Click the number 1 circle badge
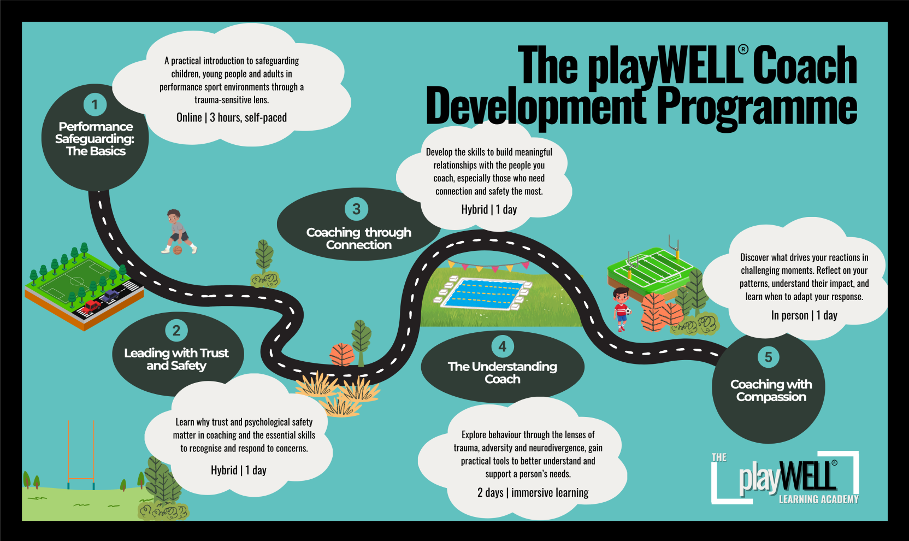point(95,104)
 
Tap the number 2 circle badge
point(176,331)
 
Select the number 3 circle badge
point(356,209)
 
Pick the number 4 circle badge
point(502,346)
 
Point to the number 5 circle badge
point(768,357)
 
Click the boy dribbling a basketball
point(178,232)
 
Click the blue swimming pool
point(483,292)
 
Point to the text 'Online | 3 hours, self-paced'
point(232,117)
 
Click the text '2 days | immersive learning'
point(533,492)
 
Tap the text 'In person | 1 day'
point(804,315)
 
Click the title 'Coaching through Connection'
point(358,239)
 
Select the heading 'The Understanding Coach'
point(502,373)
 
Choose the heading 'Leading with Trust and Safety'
point(176,359)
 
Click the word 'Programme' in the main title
point(757,107)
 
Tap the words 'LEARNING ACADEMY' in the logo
point(818,499)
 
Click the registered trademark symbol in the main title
point(742,50)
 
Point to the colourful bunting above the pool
point(488,267)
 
